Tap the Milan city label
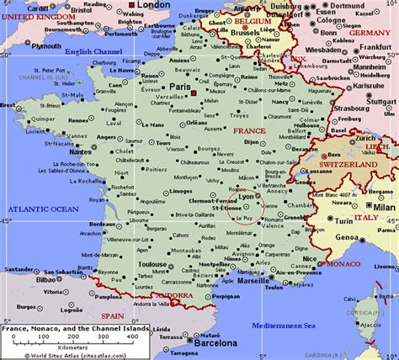click(x=383, y=206)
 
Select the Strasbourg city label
click(x=351, y=109)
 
